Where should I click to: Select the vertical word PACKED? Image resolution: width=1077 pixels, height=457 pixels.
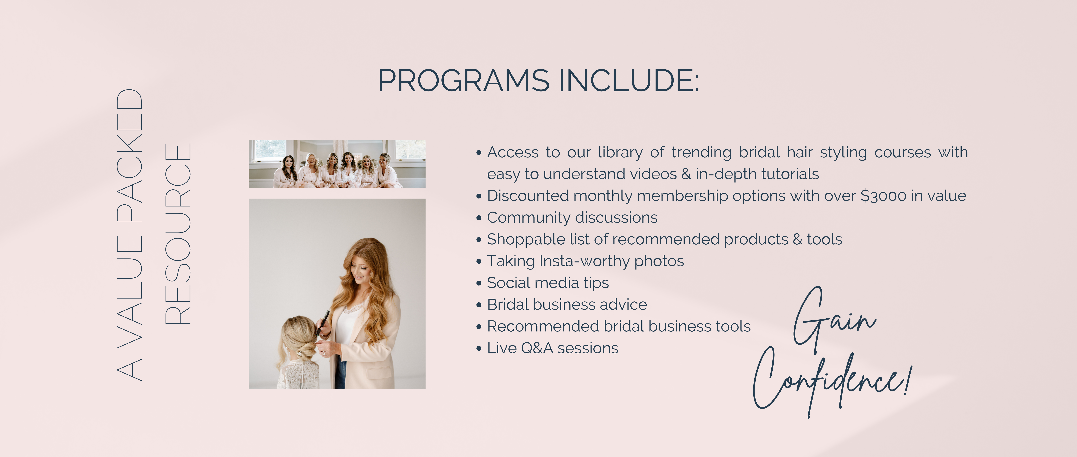[130, 156]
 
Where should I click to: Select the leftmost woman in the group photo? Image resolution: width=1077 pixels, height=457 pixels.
[286, 172]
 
